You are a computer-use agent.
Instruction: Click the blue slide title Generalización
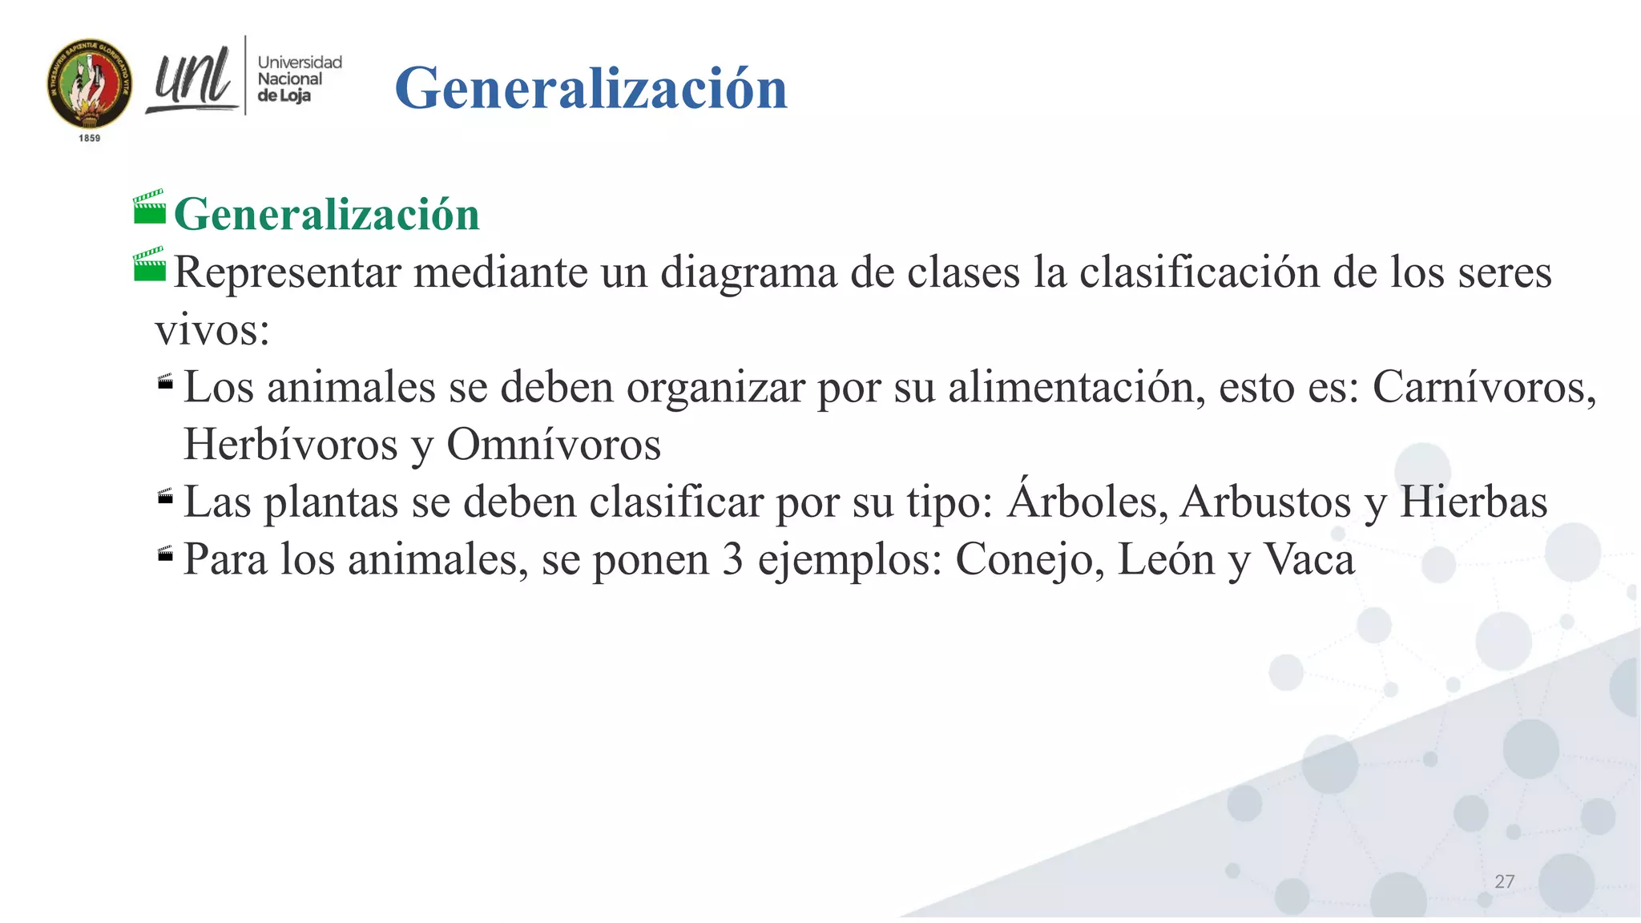(x=591, y=88)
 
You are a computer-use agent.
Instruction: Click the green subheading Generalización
(x=326, y=215)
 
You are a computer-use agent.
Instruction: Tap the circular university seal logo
(x=90, y=83)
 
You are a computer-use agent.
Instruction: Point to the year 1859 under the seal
(x=90, y=139)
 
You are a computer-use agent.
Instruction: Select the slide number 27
(x=1504, y=881)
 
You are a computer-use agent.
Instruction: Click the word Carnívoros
(x=1483, y=388)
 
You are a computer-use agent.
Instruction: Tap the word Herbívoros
(x=290, y=445)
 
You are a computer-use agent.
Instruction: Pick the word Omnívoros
(x=554, y=445)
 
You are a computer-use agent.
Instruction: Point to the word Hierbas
(x=1473, y=502)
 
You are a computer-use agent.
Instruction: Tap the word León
(x=1166, y=559)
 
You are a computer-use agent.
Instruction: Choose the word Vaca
(x=1308, y=559)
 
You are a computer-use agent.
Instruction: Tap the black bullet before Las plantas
(x=166, y=498)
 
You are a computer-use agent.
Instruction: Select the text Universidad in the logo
(x=300, y=62)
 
